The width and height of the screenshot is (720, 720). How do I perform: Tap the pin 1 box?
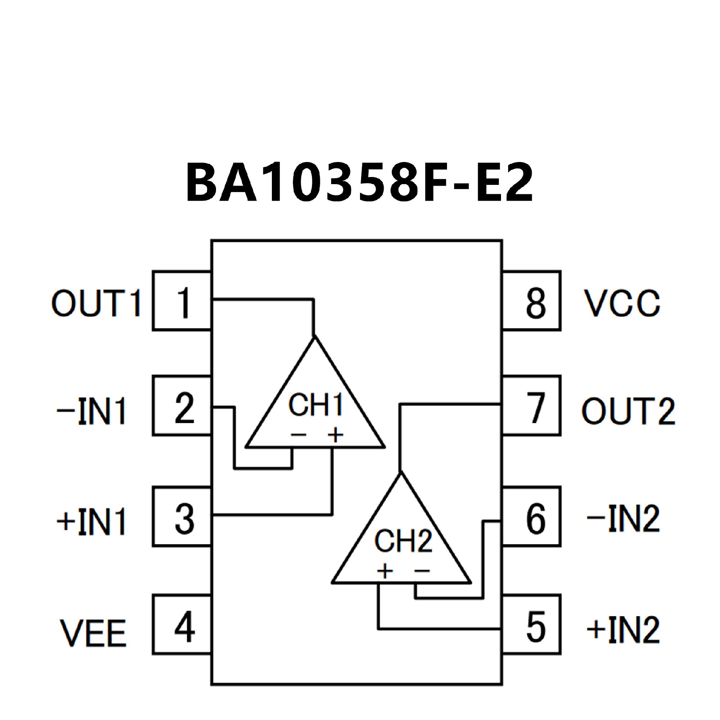click(x=182, y=301)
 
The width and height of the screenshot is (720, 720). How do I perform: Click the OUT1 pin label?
click(x=96, y=303)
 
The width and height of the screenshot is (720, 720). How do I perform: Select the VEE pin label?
click(x=93, y=633)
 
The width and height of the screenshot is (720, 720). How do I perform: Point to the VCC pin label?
click(x=622, y=303)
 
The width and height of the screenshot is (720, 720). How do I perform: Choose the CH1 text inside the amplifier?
click(x=316, y=405)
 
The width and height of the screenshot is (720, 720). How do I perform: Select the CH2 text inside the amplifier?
click(x=403, y=541)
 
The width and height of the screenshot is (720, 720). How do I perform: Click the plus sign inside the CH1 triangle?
click(x=336, y=435)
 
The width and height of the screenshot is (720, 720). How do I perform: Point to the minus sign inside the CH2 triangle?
click(x=422, y=571)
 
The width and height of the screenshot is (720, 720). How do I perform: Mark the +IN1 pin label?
click(x=91, y=521)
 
